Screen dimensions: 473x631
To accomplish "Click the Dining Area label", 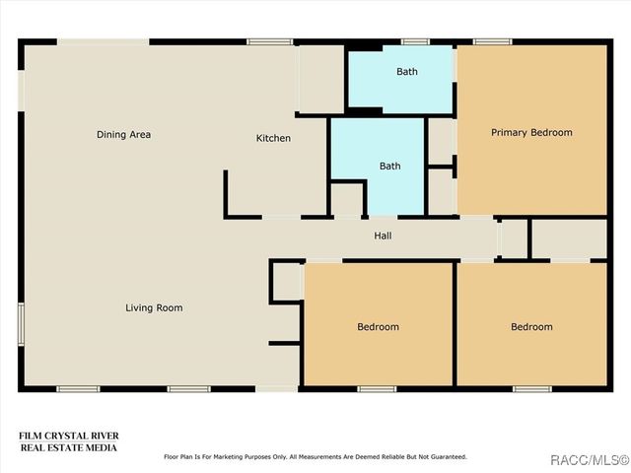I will coord(123,134).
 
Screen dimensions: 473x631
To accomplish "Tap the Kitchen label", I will coord(273,138).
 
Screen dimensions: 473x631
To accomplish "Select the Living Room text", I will coord(154,307).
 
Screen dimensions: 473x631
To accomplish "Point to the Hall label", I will coord(383,236).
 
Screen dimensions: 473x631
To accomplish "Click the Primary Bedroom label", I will coord(531,132).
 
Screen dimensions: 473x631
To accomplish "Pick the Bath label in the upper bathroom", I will coord(407,71).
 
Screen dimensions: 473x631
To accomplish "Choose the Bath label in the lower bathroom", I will coord(390,166).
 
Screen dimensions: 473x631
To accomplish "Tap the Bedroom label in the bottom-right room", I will coord(531,326).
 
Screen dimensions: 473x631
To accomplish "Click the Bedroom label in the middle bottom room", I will coord(378,326).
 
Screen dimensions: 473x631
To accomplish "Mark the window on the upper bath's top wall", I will coord(415,41).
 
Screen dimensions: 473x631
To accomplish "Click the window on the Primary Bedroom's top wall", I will coord(492,41).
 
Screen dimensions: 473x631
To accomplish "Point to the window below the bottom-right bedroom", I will coord(531,389).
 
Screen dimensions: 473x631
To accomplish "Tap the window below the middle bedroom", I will coord(376,389).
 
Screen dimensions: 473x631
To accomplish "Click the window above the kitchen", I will coord(268,41).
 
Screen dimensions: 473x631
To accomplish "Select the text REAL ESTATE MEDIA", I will coord(68,447).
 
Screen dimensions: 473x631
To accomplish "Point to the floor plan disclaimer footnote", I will coord(315,457).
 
